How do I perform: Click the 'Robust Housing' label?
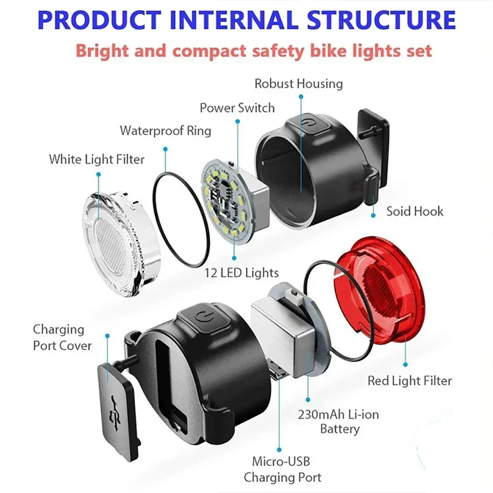[x=298, y=83]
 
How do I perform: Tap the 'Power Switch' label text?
[x=237, y=107]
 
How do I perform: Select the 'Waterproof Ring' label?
[x=166, y=131]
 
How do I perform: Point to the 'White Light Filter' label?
[x=97, y=159]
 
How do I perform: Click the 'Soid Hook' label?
[x=415, y=211]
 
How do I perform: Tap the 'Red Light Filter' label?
[x=409, y=380]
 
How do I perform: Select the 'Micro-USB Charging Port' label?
[x=282, y=469]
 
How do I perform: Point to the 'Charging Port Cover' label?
[x=62, y=337]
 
